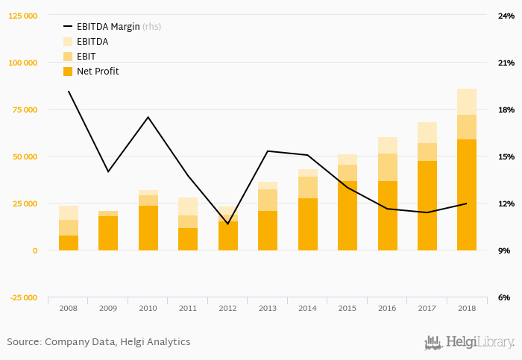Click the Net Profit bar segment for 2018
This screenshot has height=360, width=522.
(x=467, y=195)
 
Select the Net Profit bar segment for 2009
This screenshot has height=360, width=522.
(x=108, y=233)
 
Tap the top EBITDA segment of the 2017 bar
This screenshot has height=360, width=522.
(x=427, y=133)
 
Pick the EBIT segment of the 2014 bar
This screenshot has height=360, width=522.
(x=307, y=187)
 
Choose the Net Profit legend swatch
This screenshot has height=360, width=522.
(x=68, y=72)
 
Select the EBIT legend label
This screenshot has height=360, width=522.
(x=86, y=57)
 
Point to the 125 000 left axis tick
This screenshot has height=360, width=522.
(x=23, y=16)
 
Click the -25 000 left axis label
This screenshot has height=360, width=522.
(x=23, y=298)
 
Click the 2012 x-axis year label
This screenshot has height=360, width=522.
(x=227, y=308)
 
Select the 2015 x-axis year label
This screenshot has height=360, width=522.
(x=348, y=308)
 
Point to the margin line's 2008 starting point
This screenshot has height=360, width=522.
(x=69, y=92)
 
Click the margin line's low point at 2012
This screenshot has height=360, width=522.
(x=227, y=224)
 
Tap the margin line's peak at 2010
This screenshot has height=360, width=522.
(x=148, y=117)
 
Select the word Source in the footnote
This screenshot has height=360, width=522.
(x=23, y=342)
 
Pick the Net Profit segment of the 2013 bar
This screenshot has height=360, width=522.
(x=268, y=230)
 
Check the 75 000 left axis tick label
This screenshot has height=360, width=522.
(x=23, y=110)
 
